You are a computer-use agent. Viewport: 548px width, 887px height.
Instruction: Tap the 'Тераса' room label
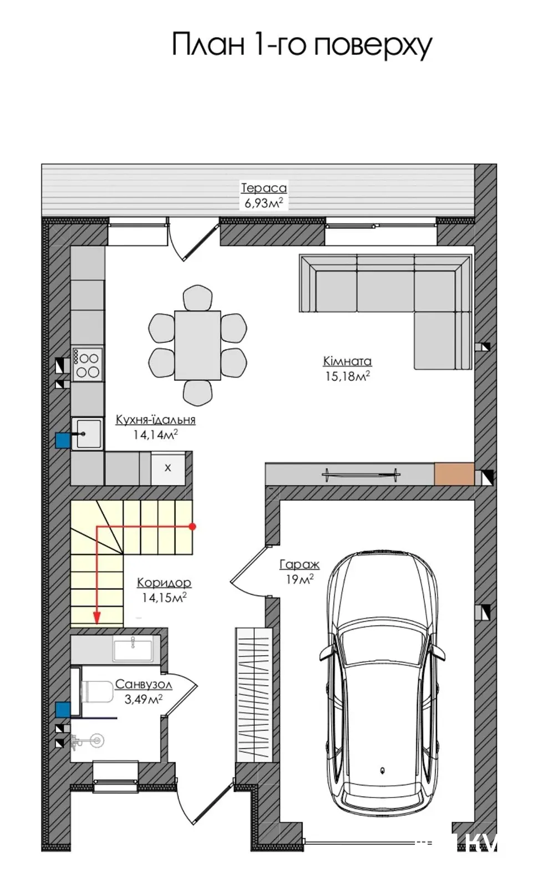(264, 188)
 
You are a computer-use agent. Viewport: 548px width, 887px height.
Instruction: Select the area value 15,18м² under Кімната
(348, 376)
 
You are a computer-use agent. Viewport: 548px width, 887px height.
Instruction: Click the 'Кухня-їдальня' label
(156, 419)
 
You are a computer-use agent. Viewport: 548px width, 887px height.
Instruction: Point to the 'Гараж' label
(300, 564)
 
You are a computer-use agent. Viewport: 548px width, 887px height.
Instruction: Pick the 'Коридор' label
(164, 583)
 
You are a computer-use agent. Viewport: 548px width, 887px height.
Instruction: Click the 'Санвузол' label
(144, 684)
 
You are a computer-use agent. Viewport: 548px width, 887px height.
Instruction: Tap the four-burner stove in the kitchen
(88, 365)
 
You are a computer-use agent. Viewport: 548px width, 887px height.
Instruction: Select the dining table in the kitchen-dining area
(197, 345)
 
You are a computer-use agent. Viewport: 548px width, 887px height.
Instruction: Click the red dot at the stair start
(192, 527)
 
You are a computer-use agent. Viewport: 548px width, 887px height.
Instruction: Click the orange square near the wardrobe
(454, 473)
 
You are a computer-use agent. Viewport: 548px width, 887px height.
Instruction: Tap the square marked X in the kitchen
(168, 468)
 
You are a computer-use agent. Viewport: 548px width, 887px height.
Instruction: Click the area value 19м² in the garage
(300, 579)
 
